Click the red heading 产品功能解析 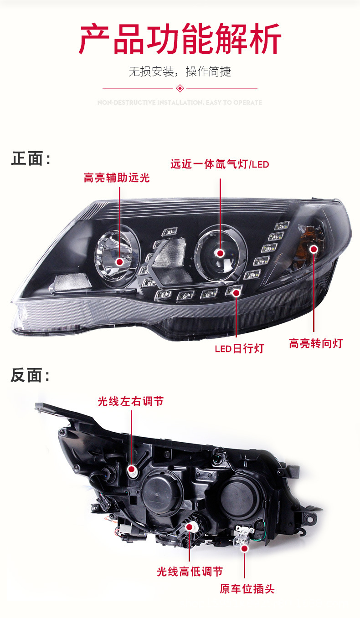pos(180,40)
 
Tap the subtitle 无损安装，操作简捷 pos(180,71)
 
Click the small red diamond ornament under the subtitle pos(180,88)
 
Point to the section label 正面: pos(31,159)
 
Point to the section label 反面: pos(31,376)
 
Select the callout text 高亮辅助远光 pos(117,178)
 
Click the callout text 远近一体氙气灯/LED pos(220,164)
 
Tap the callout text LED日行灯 pos(239,349)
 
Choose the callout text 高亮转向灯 pos(315,343)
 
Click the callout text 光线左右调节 pos(130,401)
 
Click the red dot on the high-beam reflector pos(120,261)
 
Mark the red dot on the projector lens pos(221,253)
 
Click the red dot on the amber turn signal pos(314,249)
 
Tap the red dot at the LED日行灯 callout pos(236,293)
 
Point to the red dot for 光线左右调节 pos(132,469)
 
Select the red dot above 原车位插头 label pos(244,549)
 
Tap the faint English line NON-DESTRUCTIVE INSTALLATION pos(180,102)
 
